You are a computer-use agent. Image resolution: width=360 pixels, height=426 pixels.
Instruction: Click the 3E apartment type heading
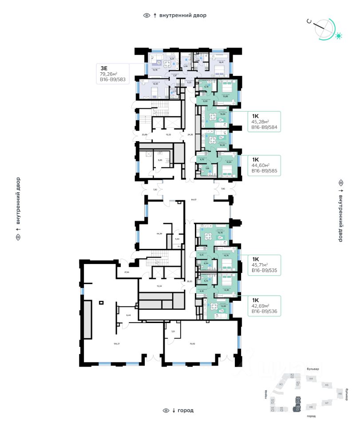point(104,68)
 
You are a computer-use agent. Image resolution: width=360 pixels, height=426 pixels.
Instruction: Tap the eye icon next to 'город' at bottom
point(166,410)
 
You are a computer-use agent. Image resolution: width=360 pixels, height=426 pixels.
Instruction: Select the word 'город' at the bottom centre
point(186,410)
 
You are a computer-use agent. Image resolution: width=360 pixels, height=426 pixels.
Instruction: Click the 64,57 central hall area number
point(194,201)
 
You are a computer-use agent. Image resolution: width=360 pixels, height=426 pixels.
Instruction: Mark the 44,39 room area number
point(159,233)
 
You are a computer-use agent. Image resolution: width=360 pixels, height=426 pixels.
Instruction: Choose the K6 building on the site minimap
point(340,394)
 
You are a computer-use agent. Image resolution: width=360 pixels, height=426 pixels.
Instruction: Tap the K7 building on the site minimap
point(326,403)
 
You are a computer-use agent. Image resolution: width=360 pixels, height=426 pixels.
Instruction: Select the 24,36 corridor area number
point(190,134)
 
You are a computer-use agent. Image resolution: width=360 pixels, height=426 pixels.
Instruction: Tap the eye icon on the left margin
point(18,237)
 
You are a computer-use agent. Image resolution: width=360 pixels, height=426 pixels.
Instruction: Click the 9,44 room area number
point(129,315)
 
